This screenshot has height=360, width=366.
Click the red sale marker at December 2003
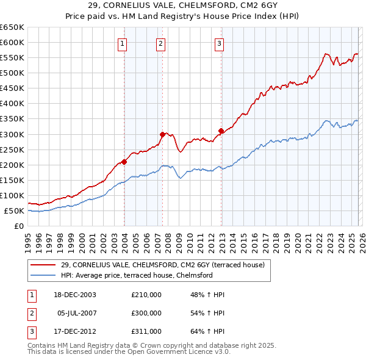[124, 162]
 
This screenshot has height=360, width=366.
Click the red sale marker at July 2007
[162, 134]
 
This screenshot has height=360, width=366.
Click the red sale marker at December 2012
[221, 131]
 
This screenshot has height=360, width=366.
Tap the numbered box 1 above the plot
[123, 43]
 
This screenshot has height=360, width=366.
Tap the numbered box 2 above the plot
[160, 43]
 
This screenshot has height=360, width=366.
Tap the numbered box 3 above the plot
[219, 43]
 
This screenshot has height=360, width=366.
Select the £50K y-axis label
[14, 211]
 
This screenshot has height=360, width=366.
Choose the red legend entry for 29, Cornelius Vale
[162, 265]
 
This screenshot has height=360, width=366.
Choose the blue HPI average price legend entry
[136, 275]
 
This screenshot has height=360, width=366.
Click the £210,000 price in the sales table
[146, 295]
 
